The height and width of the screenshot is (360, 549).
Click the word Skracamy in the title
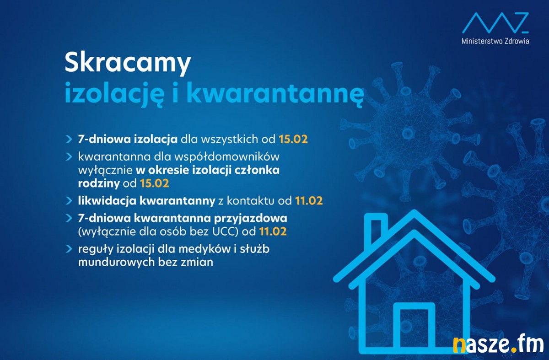tap(128, 64)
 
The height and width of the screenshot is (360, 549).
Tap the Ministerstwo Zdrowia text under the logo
tap(495, 41)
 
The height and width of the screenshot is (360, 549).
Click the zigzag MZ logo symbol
tap(495, 23)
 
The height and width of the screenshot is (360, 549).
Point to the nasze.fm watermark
tap(498, 344)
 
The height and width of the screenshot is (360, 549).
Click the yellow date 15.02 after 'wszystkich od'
tap(293, 139)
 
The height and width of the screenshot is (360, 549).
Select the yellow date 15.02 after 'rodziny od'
tap(155, 183)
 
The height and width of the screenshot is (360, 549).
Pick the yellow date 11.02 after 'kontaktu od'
tap(309, 201)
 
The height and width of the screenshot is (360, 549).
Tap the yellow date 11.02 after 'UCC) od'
tap(273, 231)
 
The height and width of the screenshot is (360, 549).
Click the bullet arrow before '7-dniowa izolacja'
tap(69, 140)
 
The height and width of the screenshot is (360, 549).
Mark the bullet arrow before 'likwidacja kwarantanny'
tap(69, 201)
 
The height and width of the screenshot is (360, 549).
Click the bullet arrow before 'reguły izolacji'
tap(69, 249)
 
